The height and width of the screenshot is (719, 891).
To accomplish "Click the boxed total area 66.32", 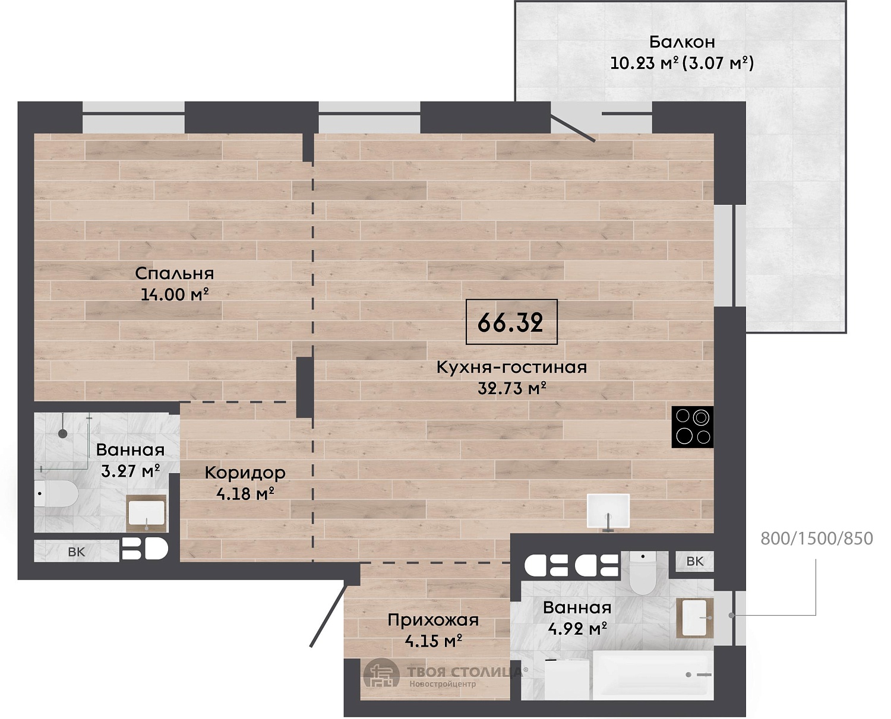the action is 511,322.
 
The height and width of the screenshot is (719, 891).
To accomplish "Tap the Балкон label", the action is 682,42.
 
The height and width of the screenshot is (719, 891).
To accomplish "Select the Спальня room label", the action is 175,273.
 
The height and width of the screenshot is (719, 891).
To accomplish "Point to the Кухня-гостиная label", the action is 511,367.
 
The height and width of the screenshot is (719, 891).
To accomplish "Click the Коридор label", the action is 245,473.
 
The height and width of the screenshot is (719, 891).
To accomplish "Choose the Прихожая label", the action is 433,619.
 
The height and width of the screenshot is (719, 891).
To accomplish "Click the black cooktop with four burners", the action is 692,427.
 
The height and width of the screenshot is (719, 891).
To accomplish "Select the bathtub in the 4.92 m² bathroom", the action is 653,674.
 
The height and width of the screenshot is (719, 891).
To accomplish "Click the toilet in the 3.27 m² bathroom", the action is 56,493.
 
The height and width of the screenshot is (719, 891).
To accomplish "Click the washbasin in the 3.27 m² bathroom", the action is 146,514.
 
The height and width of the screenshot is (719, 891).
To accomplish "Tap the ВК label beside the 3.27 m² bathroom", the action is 77,552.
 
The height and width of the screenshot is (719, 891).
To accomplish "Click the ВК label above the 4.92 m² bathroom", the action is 695,561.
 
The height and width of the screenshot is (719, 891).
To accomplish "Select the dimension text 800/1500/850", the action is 817,539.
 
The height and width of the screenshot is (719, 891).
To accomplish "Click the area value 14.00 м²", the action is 175,294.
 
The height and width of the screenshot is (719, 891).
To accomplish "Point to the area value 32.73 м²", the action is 511,389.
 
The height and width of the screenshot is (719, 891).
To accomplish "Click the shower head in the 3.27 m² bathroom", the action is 63,434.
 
